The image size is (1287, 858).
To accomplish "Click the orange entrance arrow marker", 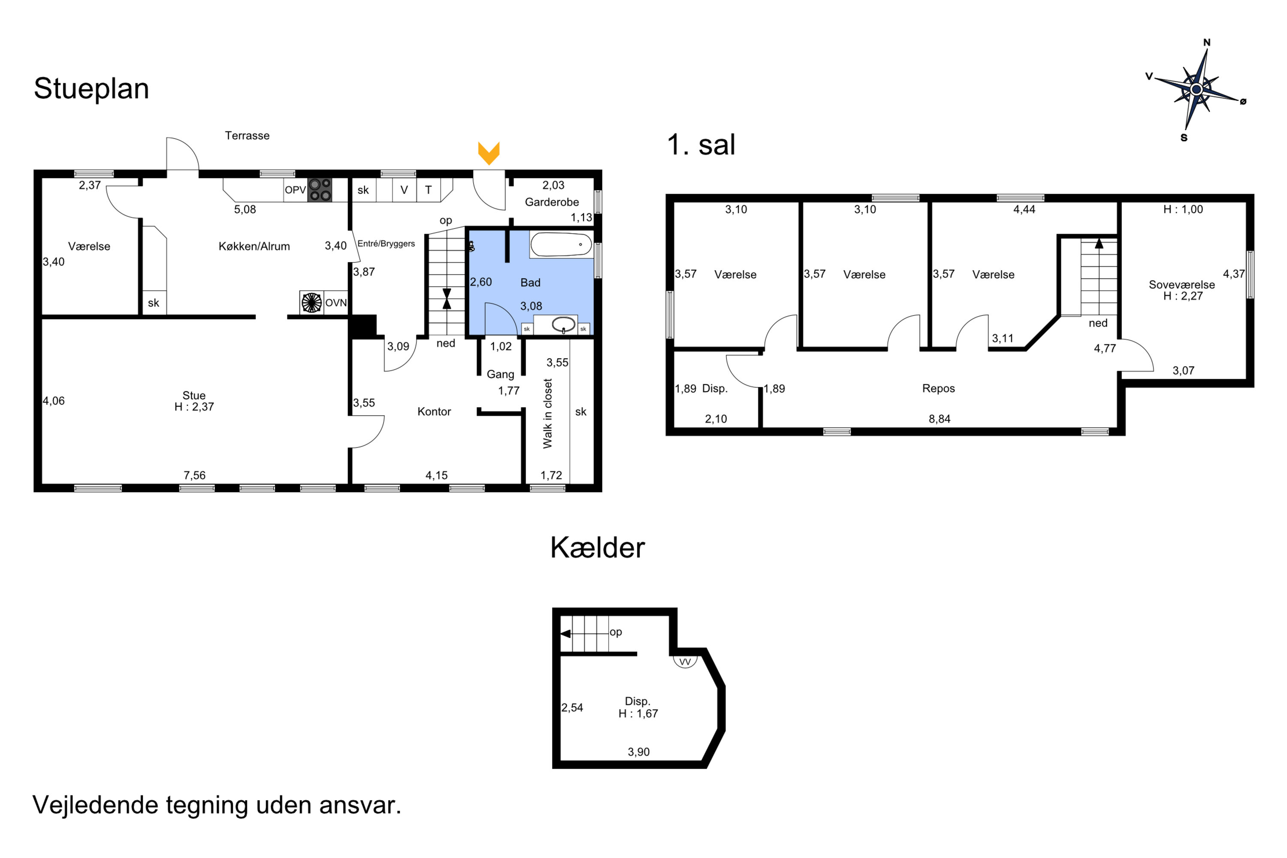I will click(x=489, y=153).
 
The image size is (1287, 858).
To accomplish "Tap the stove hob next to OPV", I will click(x=320, y=190).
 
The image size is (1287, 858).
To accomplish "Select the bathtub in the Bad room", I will click(x=561, y=245).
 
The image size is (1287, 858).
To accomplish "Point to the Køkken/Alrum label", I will click(x=254, y=246).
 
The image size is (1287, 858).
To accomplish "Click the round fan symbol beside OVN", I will click(x=312, y=302).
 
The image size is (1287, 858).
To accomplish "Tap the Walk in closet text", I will click(x=547, y=414).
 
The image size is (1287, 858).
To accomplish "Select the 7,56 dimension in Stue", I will click(x=194, y=475).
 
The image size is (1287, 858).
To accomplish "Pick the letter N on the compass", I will click(x=1206, y=42).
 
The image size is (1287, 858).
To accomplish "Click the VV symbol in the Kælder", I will click(x=685, y=662).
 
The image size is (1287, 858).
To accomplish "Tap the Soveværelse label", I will click(x=1181, y=284).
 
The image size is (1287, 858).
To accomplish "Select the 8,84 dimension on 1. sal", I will click(x=939, y=419).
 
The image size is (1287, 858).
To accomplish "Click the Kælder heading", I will click(x=597, y=548).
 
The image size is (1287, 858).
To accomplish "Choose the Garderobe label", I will click(x=552, y=202).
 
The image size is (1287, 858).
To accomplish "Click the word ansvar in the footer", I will click(x=360, y=805).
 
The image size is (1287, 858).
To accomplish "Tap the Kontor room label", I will click(x=434, y=411).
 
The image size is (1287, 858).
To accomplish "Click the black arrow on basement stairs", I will click(x=566, y=634).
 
